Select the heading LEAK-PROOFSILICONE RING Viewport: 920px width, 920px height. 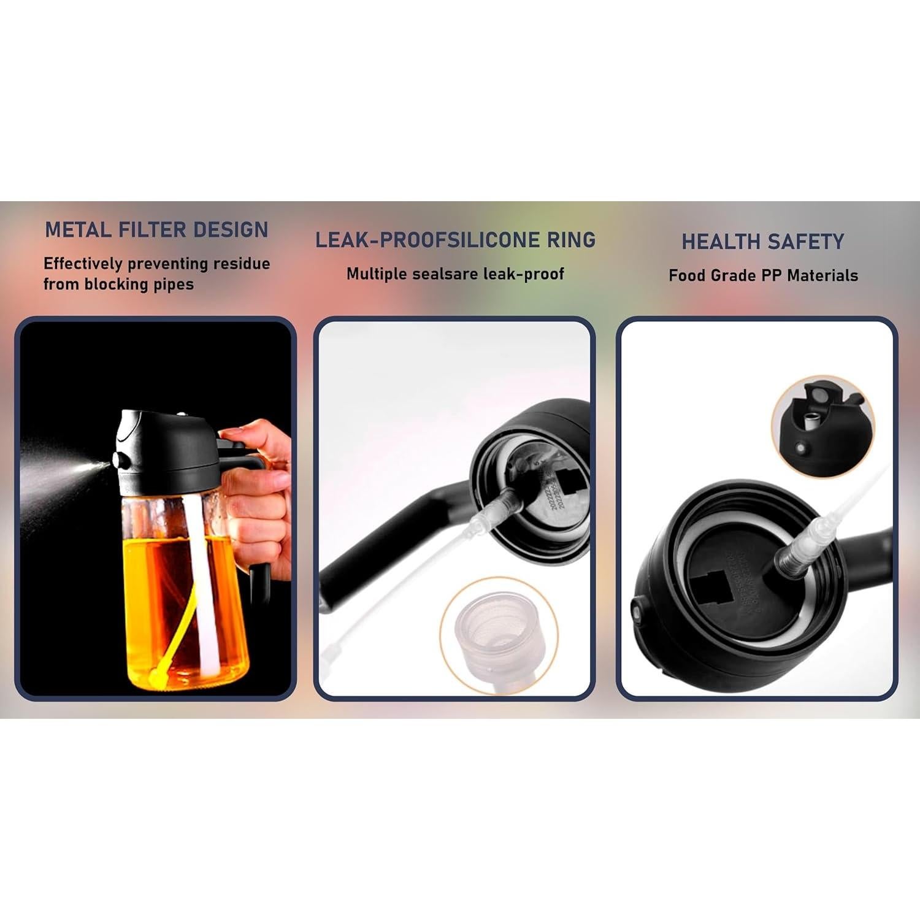pos(455,240)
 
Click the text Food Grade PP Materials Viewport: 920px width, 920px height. pos(763,275)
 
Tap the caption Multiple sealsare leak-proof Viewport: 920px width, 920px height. pos(455,274)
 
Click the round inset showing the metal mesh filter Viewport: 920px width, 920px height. pos(498,632)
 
